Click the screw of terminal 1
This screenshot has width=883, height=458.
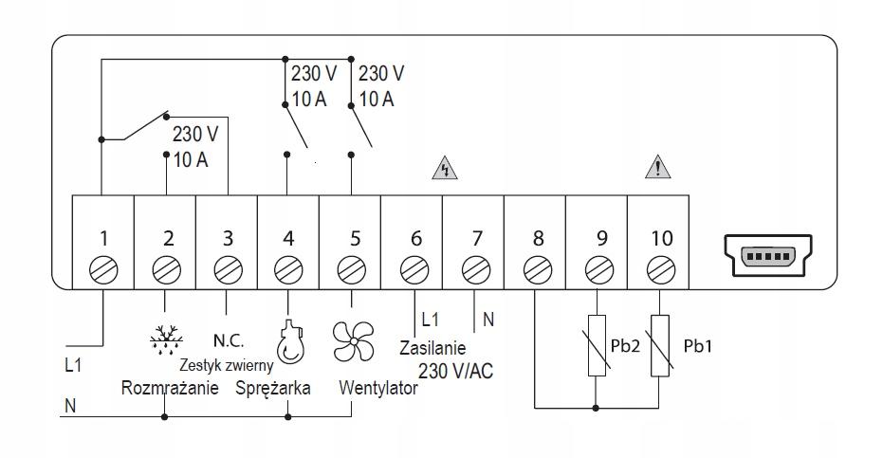pyautogui.click(x=102, y=270)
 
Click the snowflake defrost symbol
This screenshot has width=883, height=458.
pyautogui.click(x=165, y=338)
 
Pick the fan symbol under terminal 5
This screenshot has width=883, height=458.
pyautogui.click(x=352, y=339)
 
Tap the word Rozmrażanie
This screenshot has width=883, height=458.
pyautogui.click(x=170, y=389)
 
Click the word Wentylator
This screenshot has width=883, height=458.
pyautogui.click(x=377, y=389)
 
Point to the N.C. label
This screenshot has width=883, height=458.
pyautogui.click(x=229, y=339)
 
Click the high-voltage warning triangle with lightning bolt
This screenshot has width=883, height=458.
pyautogui.click(x=444, y=171)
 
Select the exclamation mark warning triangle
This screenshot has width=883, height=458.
pyautogui.click(x=658, y=171)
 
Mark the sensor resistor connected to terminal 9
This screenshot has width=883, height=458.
pyautogui.click(x=597, y=345)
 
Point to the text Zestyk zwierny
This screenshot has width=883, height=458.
pyautogui.click(x=227, y=364)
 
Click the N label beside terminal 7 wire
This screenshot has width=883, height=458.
pyautogui.click(x=488, y=321)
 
